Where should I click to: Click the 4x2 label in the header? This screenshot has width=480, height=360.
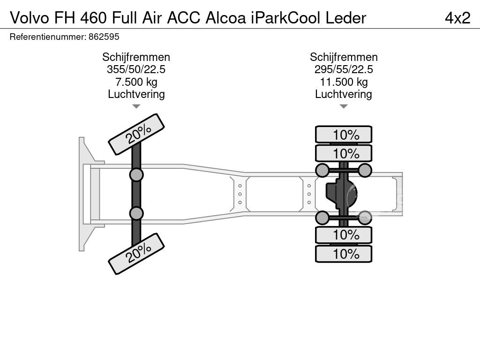coord(457,17)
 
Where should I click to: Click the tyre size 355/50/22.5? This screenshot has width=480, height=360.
coord(136,69)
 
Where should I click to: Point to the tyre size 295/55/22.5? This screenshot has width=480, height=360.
coord(344,69)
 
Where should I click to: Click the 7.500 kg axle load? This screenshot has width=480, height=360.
coord(136,82)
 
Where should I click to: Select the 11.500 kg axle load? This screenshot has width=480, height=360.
coord(344,82)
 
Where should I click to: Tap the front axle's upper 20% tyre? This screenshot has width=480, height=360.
coord(136,134)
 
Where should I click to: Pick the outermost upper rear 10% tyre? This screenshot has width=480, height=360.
coord(344,135)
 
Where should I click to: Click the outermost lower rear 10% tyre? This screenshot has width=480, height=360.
coord(344,254)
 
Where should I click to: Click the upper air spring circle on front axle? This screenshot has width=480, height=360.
coord(136,175)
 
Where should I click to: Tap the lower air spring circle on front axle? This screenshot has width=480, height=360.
coord(136,213)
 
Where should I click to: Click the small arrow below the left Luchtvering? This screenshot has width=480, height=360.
coord(136,106)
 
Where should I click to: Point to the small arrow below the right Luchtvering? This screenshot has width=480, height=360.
coord(344,106)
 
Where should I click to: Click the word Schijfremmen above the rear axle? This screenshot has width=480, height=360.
coord(344,57)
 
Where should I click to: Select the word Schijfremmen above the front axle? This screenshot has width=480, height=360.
coord(136,57)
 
